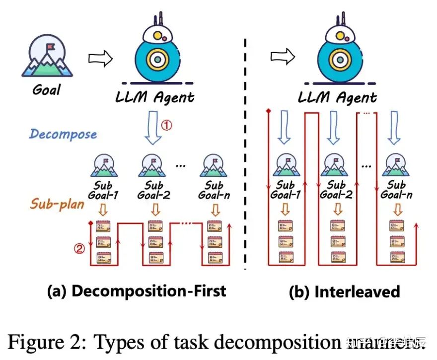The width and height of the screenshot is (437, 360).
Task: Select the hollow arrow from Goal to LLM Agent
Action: point(100,58)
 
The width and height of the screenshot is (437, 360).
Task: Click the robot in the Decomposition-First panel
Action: point(157,50)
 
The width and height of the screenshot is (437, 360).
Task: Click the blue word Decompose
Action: point(63,134)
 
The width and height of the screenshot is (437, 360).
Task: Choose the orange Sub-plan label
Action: point(58,204)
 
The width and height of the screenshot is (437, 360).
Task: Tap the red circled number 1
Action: point(167,126)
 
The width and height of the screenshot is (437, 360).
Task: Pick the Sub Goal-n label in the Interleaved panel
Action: point(396,190)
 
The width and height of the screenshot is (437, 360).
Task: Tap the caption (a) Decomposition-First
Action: point(136,291)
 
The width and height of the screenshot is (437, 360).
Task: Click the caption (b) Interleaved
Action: point(344,291)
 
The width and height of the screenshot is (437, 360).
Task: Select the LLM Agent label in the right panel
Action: point(337,97)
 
